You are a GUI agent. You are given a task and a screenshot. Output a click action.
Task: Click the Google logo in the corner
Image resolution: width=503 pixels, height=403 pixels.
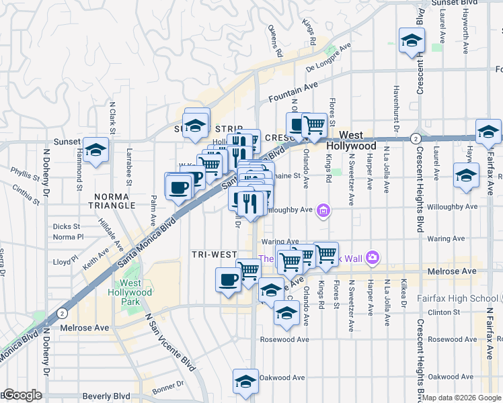coord(22,396)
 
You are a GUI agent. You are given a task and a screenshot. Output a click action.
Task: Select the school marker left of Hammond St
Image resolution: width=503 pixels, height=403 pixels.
coord(96,151)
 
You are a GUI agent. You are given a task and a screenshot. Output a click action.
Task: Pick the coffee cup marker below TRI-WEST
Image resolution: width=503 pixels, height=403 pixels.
coord(228,279)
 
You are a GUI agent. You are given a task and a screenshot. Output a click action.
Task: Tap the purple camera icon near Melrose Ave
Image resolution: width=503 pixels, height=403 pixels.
coord(373,258)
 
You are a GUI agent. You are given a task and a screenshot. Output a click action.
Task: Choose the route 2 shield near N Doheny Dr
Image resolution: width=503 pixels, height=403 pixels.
coord(62,313)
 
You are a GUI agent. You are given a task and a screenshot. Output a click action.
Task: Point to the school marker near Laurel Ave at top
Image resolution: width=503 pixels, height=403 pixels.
coord(411,42)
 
